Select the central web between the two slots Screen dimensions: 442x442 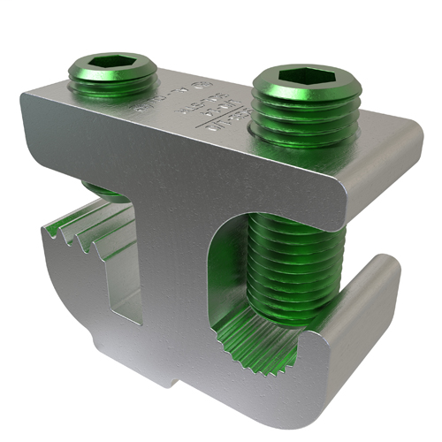tap(177, 292)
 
